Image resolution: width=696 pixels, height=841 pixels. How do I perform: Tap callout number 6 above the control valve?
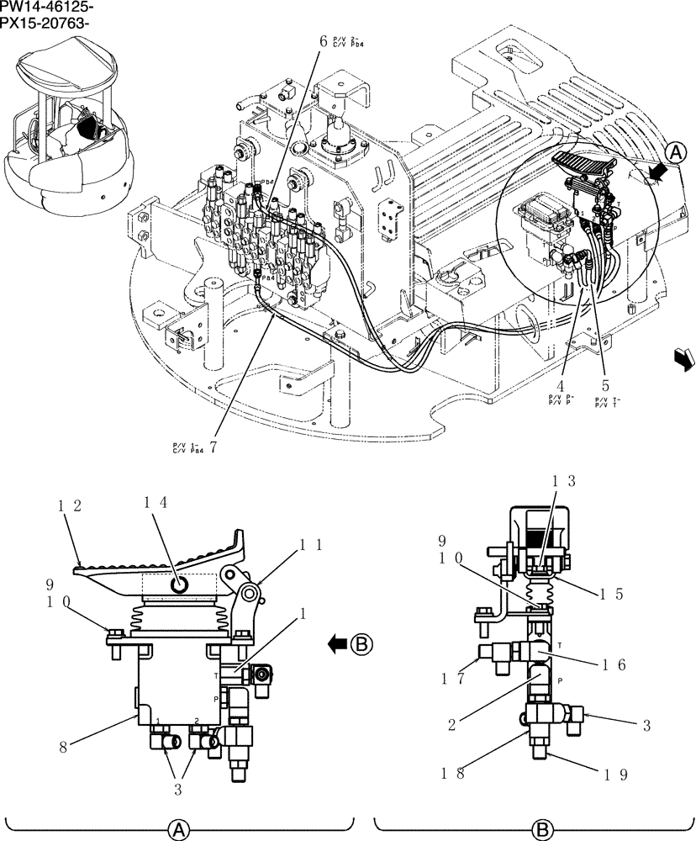coord(323,40)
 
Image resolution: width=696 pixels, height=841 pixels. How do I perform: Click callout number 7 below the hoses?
coord(213,447)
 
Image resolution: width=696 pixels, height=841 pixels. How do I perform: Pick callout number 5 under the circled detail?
coord(604,389)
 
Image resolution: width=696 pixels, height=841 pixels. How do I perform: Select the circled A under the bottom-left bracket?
coord(178,831)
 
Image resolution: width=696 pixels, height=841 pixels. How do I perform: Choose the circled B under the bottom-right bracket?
coord(538,831)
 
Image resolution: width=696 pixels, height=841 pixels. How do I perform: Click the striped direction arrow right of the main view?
coord(684,359)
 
